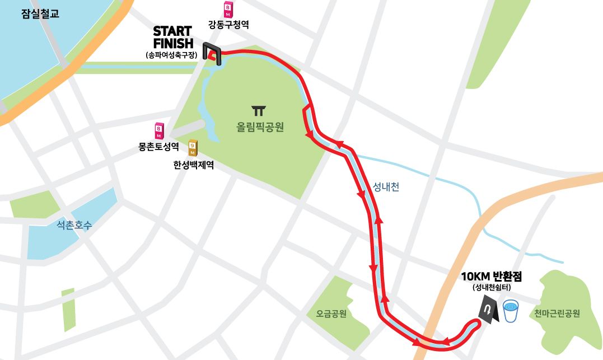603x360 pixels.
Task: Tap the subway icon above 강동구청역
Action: pyautogui.click(x=228, y=10)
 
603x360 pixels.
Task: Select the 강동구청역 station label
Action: pyautogui.click(x=228, y=25)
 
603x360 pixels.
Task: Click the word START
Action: pyautogui.click(x=172, y=31)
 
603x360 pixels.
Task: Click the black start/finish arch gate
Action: pyautogui.click(x=213, y=52)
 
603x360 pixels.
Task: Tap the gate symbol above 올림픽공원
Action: pyautogui.click(x=259, y=110)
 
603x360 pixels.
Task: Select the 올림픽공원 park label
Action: pyautogui.click(x=260, y=127)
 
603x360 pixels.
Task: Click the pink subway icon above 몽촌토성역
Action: pyautogui.click(x=159, y=132)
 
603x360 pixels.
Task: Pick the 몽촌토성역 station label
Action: pyautogui.click(x=158, y=147)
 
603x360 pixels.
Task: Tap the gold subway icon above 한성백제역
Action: pyautogui.click(x=193, y=148)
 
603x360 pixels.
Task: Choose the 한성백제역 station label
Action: pyautogui.click(x=193, y=165)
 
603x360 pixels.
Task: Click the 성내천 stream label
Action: pyautogui.click(x=386, y=187)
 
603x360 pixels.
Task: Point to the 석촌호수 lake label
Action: pyautogui.click(x=73, y=226)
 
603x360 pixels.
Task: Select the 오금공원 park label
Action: pyautogui.click(x=331, y=314)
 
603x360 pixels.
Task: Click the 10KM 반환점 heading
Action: pyautogui.click(x=491, y=277)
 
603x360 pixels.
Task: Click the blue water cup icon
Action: pyautogui.click(x=511, y=311)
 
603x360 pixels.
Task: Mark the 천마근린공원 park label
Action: pyautogui.click(x=557, y=314)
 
